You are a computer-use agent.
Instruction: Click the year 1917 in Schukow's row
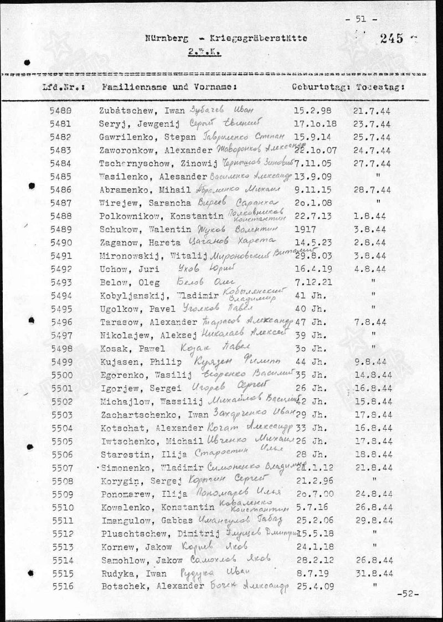click(304, 229)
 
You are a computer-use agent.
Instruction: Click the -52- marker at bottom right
click(407, 594)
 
